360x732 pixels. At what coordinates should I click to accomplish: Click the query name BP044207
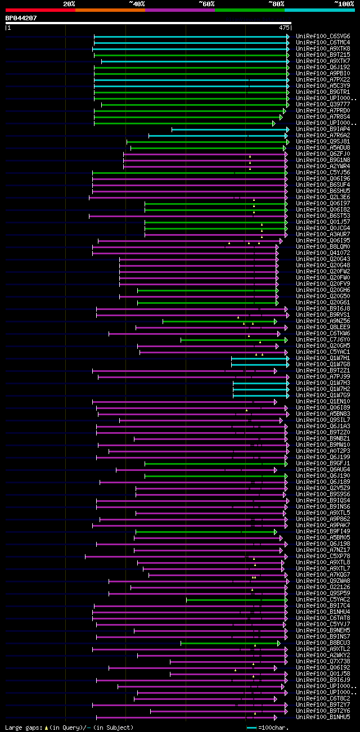point(21,18)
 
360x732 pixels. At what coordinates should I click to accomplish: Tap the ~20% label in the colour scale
point(69,4)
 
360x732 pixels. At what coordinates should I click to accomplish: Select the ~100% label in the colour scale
point(344,4)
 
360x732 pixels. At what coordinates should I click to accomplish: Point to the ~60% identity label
point(206,4)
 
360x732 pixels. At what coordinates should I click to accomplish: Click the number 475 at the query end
point(284,27)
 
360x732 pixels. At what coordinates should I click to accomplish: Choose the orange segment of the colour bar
point(110,10)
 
